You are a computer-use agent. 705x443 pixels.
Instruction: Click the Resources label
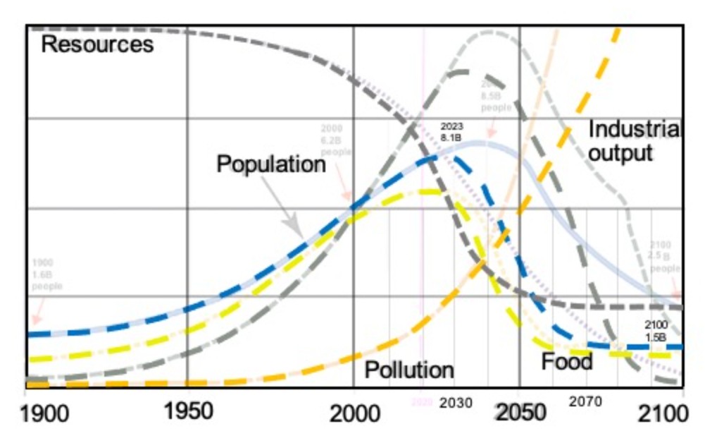pyautogui.click(x=97, y=45)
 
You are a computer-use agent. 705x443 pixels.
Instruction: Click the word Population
pyautogui.click(x=271, y=164)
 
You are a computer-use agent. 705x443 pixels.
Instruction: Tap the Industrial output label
pyautogui.click(x=633, y=141)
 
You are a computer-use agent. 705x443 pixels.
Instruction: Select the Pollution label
pyautogui.click(x=408, y=370)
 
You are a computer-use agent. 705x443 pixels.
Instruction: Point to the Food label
pyautogui.click(x=566, y=362)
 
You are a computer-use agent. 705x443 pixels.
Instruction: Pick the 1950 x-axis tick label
pyautogui.click(x=187, y=411)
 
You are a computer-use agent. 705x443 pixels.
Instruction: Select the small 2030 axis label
pyautogui.click(x=456, y=403)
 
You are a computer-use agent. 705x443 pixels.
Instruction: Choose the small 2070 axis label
pyautogui.click(x=585, y=401)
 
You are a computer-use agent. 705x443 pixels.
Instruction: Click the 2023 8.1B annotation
pyautogui.click(x=451, y=132)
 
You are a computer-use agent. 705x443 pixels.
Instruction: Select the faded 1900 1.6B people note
pyautogui.click(x=46, y=276)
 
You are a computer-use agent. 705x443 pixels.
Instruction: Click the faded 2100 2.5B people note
pyautogui.click(x=664, y=257)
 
